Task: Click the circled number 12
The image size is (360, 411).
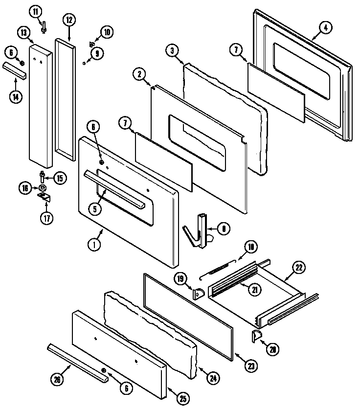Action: (x=69, y=20)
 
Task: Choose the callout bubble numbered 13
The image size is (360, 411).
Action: (x=23, y=33)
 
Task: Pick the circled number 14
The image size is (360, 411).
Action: (x=16, y=96)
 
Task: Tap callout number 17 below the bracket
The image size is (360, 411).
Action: (x=46, y=218)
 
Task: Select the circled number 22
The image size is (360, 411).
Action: (x=298, y=268)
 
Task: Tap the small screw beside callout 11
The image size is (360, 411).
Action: (x=44, y=28)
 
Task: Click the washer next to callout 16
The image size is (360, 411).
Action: (x=43, y=187)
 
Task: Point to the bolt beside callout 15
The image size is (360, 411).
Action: (x=43, y=176)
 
